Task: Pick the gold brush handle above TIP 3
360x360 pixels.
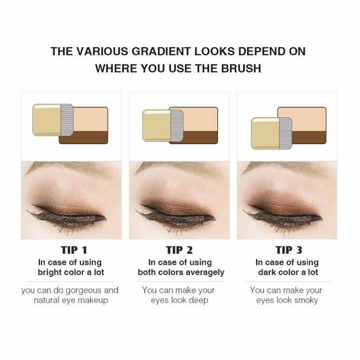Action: (x=264, y=133)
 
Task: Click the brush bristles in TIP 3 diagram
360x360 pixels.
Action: (x=285, y=133)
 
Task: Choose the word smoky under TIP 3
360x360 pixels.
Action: (x=306, y=300)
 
